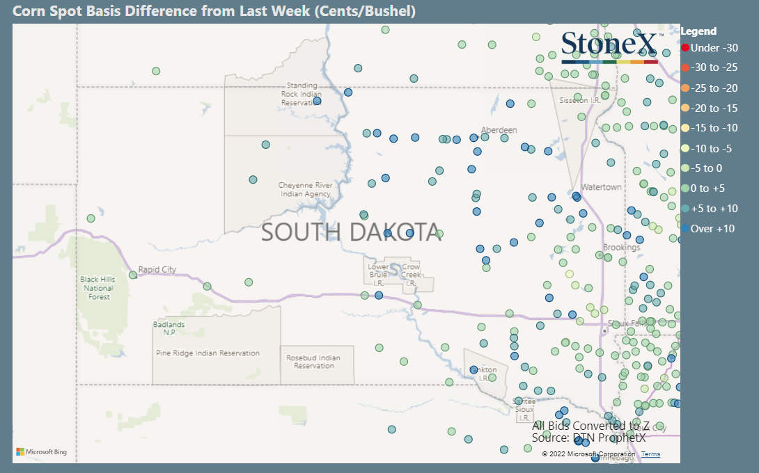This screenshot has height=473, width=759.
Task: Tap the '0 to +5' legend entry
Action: pyautogui.click(x=710, y=189)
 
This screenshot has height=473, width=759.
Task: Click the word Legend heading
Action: pyautogui.click(x=698, y=31)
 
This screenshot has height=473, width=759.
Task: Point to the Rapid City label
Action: pyautogui.click(x=157, y=270)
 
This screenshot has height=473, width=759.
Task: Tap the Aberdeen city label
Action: pyautogui.click(x=499, y=130)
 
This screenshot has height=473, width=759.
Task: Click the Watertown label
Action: pyautogui.click(x=601, y=188)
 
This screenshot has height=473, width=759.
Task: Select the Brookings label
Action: pyautogui.click(x=621, y=248)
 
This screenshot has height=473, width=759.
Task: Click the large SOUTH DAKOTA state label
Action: pyautogui.click(x=350, y=232)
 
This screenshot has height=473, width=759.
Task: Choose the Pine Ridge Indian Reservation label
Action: pyautogui.click(x=208, y=353)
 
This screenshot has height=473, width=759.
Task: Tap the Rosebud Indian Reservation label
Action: pyautogui.click(x=313, y=362)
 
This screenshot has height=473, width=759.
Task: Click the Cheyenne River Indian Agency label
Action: pyautogui.click(x=305, y=189)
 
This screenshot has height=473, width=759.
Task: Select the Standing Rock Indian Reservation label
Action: pyautogui.click(x=301, y=94)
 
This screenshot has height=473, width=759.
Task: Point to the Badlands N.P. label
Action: pyautogui.click(x=169, y=328)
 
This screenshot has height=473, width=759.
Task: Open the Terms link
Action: pyautogui.click(x=650, y=454)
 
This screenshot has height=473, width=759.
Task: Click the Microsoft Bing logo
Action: pyautogui.click(x=42, y=452)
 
